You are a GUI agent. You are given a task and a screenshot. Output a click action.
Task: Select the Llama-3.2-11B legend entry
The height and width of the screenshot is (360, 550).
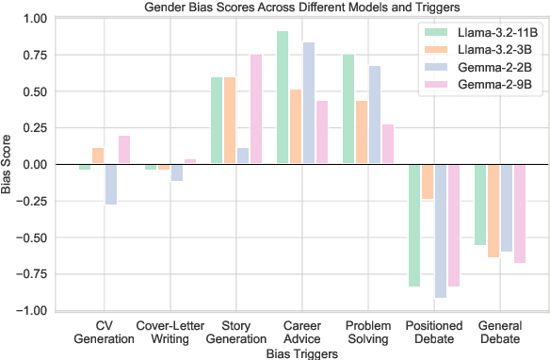click(490, 33)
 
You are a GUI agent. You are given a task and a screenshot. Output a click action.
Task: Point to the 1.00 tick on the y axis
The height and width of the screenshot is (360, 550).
click(34, 19)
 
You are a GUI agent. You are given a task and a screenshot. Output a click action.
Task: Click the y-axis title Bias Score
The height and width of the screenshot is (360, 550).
click(8, 165)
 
